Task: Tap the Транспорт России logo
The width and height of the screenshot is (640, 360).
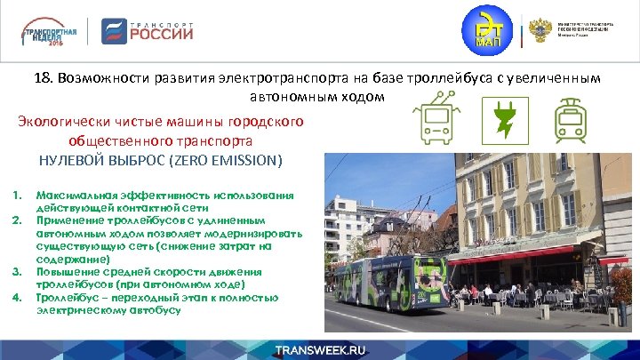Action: pos(148,31)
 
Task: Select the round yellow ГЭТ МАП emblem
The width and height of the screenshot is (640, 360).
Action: pos(487,31)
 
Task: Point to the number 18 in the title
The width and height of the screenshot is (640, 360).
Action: pos(44,78)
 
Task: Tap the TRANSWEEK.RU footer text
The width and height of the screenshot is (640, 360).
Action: pos(320,348)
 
